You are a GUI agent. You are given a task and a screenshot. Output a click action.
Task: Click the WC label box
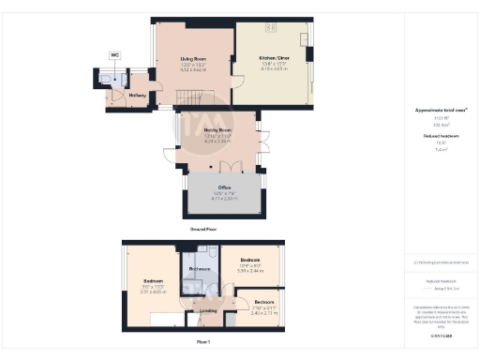(x=114, y=56)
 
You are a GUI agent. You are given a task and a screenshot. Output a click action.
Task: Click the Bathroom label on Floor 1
(x=199, y=269)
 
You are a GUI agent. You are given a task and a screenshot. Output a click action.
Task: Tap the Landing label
(x=209, y=311)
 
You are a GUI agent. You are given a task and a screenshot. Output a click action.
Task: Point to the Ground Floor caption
(x=197, y=229)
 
